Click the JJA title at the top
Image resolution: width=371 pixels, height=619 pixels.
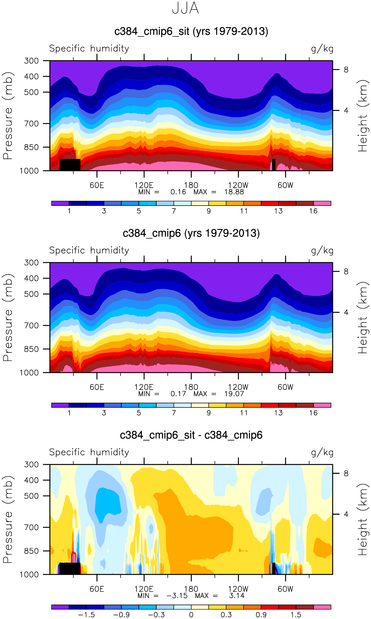[x=185, y=8]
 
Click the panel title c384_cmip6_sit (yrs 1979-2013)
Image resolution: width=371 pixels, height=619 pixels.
[x=191, y=31]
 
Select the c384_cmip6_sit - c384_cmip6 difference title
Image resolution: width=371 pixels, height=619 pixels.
[x=191, y=435]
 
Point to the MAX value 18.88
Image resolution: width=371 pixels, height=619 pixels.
[x=234, y=192]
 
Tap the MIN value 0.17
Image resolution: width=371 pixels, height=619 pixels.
[x=178, y=394]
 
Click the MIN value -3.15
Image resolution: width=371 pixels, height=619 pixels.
[x=177, y=596]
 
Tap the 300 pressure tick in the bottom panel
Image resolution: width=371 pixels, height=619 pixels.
[x=31, y=464]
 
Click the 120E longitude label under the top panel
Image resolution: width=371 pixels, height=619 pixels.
[x=144, y=185]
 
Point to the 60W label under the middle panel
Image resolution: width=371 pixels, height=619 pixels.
[x=286, y=387]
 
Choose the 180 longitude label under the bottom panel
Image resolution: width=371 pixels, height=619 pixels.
[x=191, y=589]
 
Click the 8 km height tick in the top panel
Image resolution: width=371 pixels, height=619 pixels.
[x=346, y=70]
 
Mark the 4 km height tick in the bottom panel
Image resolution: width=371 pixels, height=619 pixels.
[x=346, y=514]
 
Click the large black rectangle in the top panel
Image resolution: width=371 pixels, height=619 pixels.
[x=70, y=165]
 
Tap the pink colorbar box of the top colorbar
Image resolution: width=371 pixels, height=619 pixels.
[x=322, y=203]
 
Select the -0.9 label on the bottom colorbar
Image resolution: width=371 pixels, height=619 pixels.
[x=121, y=615]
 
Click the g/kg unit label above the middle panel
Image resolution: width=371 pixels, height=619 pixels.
[x=322, y=250]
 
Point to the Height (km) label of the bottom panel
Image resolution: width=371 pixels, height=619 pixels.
[x=362, y=520]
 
